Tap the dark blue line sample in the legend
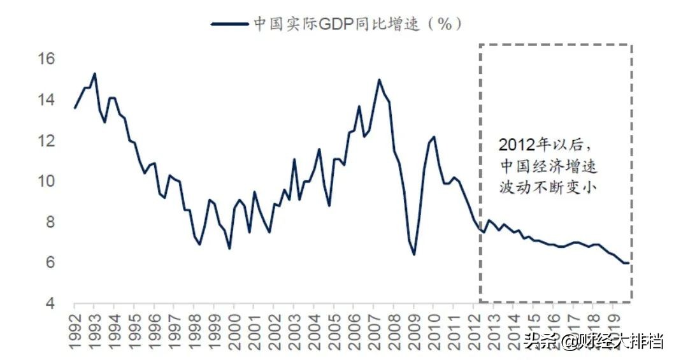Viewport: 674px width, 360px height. point(229,24)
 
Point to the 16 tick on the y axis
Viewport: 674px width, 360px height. point(48,59)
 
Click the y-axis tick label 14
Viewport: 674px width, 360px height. point(48,100)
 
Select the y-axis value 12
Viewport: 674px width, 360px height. point(48,141)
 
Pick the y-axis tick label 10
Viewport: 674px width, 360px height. point(48,182)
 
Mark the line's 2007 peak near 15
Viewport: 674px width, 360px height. point(379,80)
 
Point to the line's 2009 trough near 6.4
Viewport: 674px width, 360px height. point(414,254)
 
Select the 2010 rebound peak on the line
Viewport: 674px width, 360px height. point(434,136)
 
